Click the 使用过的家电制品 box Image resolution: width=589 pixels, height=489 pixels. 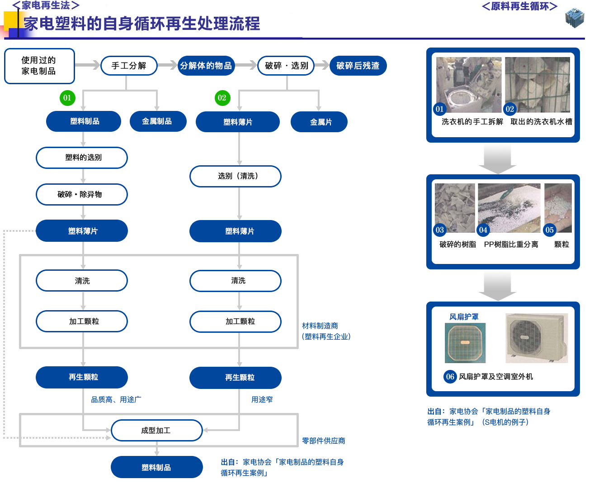coord(39,66)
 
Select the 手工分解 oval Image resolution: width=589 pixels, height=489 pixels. coord(129,66)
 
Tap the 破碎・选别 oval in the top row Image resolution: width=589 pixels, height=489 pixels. coord(286,66)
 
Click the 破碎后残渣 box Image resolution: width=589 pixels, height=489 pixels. coord(357,66)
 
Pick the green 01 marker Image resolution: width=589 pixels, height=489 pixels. coord(67,98)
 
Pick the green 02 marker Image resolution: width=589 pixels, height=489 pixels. coord(221,98)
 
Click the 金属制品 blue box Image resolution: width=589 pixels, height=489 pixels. coord(157,121)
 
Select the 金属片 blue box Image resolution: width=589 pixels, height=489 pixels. coord(320,122)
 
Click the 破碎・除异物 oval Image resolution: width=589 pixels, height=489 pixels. coord(81,195)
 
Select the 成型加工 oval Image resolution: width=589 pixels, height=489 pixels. coord(156,431)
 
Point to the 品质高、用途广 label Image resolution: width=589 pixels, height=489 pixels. coord(116,399)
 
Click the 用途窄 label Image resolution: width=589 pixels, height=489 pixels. coord(262,399)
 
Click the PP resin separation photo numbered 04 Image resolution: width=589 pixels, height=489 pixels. coord(509,208)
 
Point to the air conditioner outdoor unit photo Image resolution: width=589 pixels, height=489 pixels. coord(537,338)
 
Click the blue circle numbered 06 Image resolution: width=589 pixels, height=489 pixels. coord(450,377)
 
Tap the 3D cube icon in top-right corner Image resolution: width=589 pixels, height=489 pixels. coord(575,18)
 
